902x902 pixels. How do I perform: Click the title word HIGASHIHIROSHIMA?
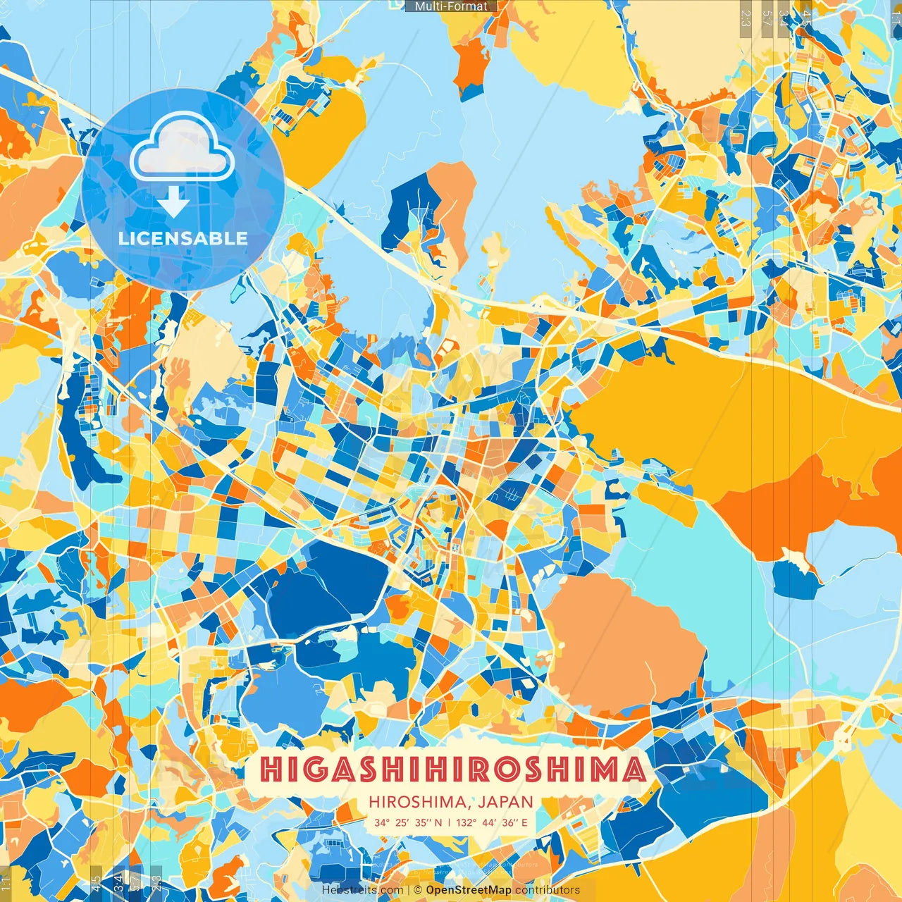coord(451,770)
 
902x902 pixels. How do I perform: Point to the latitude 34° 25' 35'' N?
coord(408,822)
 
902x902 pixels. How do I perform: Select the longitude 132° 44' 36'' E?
coord(491,822)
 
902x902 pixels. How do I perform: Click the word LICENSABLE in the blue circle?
coord(183,238)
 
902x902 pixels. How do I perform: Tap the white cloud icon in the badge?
coord(182,147)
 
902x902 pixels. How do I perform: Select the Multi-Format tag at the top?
coord(451,6)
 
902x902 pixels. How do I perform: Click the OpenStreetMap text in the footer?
coord(469,890)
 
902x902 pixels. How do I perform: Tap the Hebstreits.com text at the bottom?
coord(362,890)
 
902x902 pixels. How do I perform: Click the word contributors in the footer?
coord(548,890)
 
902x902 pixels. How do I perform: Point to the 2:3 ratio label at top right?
coord(746,18)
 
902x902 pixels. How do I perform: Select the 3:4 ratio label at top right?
coord(784,18)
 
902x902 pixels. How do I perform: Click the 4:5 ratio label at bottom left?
coord(96,884)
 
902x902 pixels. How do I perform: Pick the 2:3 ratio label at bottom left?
coord(156,884)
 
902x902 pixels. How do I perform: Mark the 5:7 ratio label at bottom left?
coord(135,884)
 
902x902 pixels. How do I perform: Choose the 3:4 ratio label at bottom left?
coord(118,884)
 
